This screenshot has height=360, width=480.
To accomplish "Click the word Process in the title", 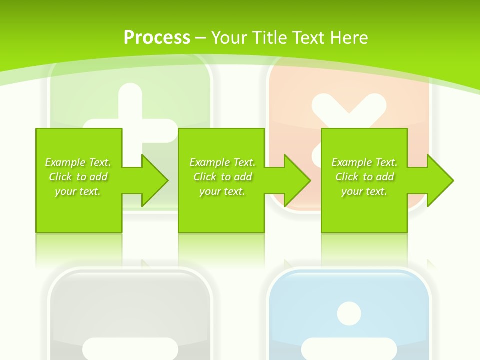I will [157, 38].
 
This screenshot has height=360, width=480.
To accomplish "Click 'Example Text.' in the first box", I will [78, 162].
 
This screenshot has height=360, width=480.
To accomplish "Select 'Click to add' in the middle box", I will [222, 177].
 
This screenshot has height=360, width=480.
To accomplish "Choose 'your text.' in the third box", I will [364, 191].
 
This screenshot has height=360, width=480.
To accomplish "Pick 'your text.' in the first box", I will [78, 191].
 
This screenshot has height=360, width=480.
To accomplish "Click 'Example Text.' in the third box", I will [364, 162].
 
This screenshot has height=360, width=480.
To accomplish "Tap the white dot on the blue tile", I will [349, 313].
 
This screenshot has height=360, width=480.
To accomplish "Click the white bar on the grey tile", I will [130, 348].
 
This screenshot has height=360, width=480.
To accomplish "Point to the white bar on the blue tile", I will [349, 348].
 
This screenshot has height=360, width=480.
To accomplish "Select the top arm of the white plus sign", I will [131, 100].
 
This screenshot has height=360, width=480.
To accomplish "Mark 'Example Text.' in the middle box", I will [222, 162].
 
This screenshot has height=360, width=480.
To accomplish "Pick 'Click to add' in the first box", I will [78, 177].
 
